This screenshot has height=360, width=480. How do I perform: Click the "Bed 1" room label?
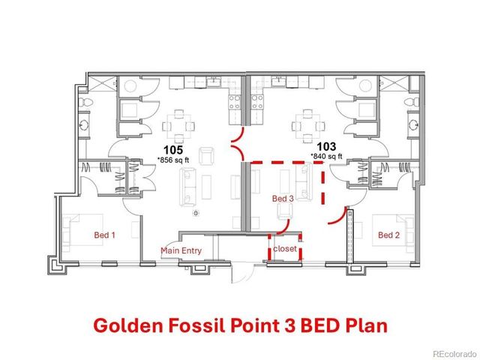(104, 235)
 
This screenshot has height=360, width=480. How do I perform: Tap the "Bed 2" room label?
(388, 235)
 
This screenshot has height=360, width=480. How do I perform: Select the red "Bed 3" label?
(282, 199)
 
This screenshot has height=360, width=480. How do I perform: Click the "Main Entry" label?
(181, 250)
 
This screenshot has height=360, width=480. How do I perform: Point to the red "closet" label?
(284, 247)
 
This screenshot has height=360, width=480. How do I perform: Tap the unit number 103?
(325, 147)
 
